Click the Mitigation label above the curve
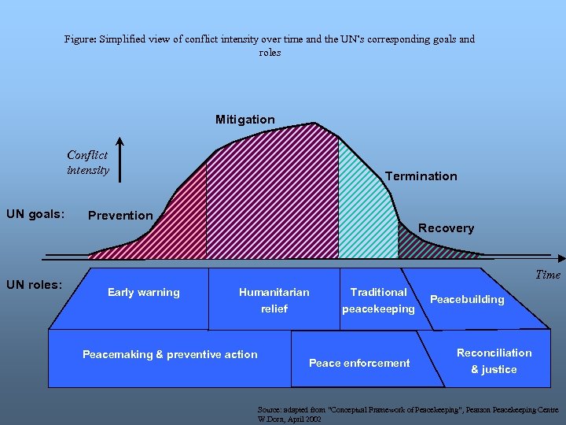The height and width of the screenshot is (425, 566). click(x=245, y=120)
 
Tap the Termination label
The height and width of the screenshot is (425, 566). click(x=421, y=176)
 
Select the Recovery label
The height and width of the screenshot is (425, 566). click(x=446, y=228)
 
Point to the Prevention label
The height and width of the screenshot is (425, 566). click(x=120, y=216)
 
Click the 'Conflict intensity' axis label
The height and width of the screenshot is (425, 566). click(x=87, y=163)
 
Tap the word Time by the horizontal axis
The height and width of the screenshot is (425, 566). click(x=548, y=275)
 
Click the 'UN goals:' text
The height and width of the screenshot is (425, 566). click(x=35, y=214)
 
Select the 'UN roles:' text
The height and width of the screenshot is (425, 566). click(x=34, y=284)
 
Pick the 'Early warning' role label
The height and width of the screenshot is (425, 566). click(x=143, y=293)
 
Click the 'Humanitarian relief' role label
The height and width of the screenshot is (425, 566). click(x=274, y=301)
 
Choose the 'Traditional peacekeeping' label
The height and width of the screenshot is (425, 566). click(x=378, y=301)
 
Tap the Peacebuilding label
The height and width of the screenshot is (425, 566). click(x=467, y=300)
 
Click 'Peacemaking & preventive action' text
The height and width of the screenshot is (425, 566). click(x=170, y=355)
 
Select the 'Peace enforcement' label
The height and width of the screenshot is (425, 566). click(x=359, y=363)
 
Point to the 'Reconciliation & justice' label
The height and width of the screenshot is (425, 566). click(x=494, y=361)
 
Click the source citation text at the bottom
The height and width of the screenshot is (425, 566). click(x=408, y=414)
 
